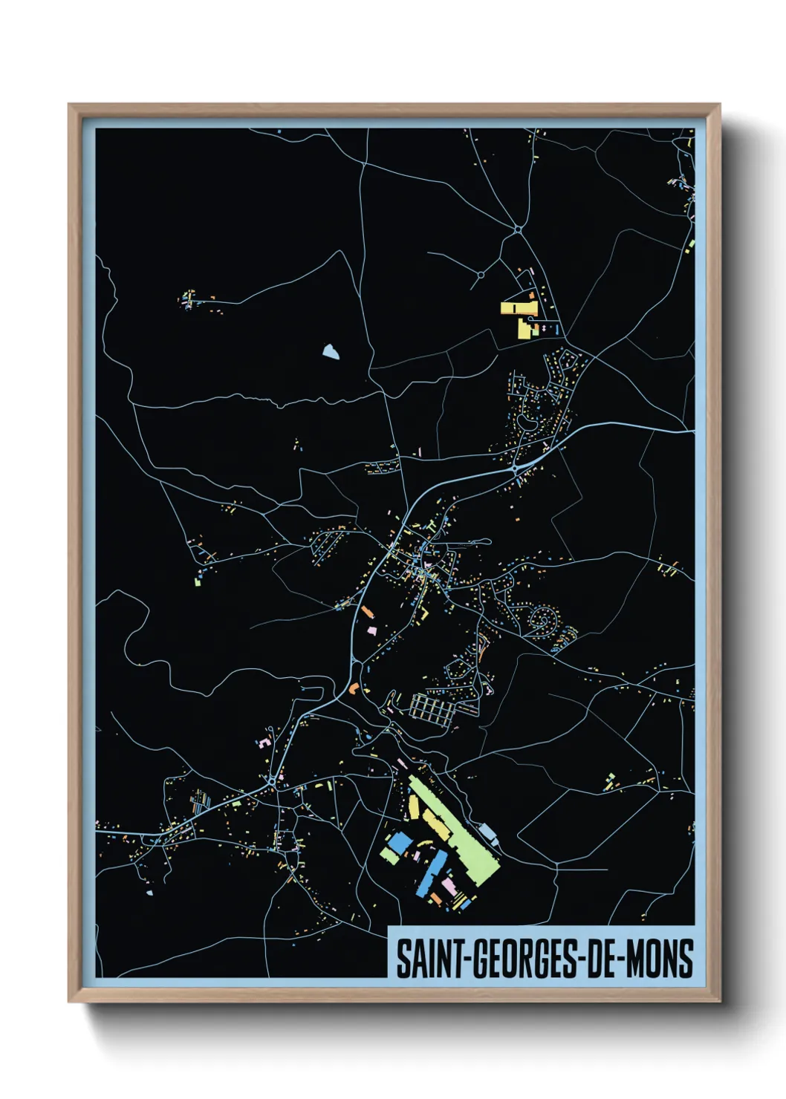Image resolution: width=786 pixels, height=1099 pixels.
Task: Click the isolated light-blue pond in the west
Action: pos(331,352)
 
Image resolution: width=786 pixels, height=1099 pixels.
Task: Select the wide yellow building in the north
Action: pos(518,307)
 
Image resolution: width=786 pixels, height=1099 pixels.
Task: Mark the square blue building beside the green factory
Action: pos(400,842)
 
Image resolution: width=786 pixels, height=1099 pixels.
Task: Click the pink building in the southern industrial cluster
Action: pos(450,887)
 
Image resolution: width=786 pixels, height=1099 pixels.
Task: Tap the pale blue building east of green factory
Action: pos(488,833)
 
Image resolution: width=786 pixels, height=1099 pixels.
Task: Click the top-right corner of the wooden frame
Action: pos(719,105)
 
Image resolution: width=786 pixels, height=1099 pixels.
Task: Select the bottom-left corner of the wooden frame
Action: pos(70,1001)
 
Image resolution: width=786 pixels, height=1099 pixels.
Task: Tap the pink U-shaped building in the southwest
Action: pos(264,741)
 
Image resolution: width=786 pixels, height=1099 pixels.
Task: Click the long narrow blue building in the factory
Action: pos(433,873)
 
